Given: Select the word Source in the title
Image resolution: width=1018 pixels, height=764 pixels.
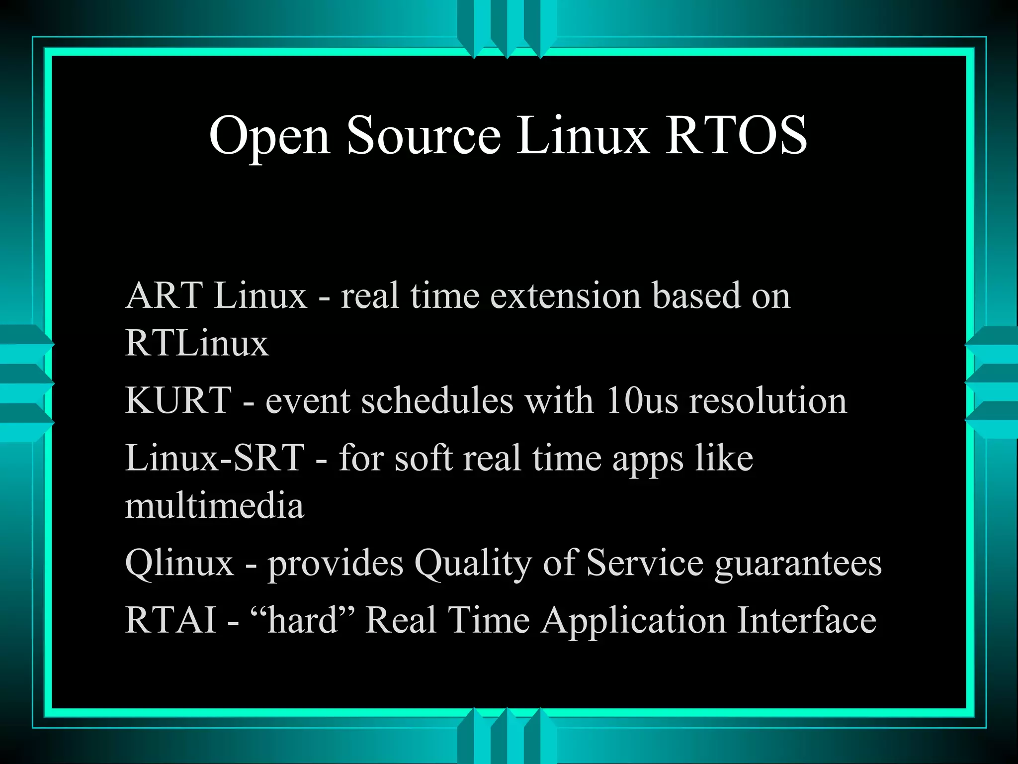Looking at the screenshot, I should (424, 136).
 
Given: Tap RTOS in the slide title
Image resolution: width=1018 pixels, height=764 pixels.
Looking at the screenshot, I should (736, 136).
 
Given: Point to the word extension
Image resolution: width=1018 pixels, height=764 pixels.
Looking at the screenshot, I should (565, 295).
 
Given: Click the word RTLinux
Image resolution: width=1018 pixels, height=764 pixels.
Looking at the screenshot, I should (197, 343).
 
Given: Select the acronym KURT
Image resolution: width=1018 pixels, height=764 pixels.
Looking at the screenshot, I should (178, 400).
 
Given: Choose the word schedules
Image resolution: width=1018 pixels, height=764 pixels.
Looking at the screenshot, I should (437, 400).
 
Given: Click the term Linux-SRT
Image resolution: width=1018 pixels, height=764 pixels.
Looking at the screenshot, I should (215, 458).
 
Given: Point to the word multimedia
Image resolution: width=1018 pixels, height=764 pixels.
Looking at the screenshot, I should (214, 506).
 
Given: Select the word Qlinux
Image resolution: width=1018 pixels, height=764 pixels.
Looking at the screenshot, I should (179, 563).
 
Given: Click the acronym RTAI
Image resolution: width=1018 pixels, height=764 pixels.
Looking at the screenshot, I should (170, 620).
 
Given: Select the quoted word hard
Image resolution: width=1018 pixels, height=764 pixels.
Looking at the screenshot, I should (303, 620).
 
